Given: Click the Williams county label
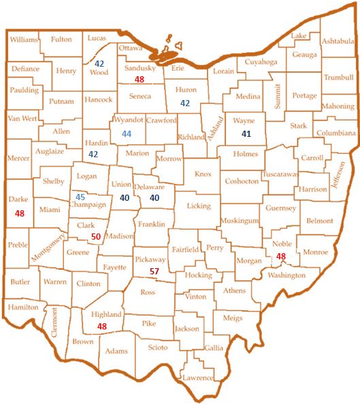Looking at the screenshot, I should pyautogui.click(x=24, y=40).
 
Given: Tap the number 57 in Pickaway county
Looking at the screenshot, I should pyautogui.click(x=154, y=271).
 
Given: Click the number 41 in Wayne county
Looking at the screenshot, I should pyautogui.click(x=246, y=134).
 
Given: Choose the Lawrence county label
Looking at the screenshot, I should pyautogui.click(x=197, y=378).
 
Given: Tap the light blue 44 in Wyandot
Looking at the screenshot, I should pyautogui.click(x=127, y=133).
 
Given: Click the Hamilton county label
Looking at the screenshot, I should pyautogui.click(x=23, y=308).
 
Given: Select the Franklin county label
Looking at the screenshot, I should pyautogui.click(x=151, y=223).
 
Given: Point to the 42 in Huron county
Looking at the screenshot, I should pyautogui.click(x=185, y=103).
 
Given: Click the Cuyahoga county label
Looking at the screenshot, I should pyautogui.click(x=253, y=62).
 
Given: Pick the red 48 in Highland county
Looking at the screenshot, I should pyautogui.click(x=102, y=326).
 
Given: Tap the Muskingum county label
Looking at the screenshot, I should pyautogui.click(x=240, y=221).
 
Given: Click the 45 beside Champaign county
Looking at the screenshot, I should pyautogui.click(x=80, y=197).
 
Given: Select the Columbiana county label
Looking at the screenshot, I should pyautogui.click(x=336, y=133).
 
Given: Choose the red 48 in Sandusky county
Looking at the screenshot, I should pyautogui.click(x=140, y=80).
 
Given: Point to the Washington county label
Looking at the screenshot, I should pyautogui.click(x=287, y=275).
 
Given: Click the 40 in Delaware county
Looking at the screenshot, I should pyautogui.click(x=154, y=197).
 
